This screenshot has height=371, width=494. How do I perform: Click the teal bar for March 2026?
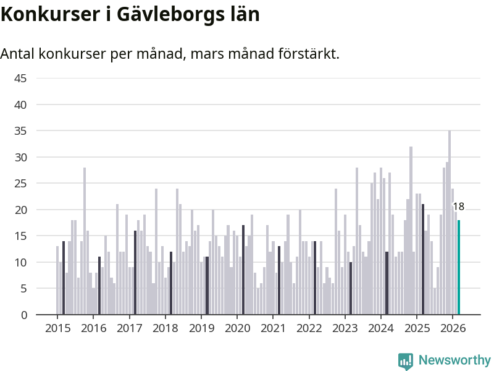[x=459, y=267]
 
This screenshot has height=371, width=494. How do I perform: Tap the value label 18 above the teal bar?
[x=458, y=207]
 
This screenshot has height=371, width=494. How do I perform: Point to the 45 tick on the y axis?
[x=20, y=79]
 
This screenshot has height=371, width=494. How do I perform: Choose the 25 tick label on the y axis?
[x=20, y=184]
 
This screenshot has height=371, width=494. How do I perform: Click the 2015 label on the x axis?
[x=57, y=328]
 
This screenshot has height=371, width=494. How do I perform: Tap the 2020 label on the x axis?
[x=237, y=328]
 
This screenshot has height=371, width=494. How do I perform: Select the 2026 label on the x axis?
[x=452, y=328]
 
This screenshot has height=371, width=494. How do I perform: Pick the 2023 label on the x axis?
[x=345, y=328]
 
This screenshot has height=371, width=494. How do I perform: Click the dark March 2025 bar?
[x=423, y=260]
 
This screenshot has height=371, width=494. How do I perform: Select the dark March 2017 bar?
[x=135, y=273]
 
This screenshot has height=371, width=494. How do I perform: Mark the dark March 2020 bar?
[x=243, y=270]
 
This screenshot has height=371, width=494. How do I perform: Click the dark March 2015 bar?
[x=64, y=278]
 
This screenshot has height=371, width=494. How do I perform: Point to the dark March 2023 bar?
[x=351, y=288]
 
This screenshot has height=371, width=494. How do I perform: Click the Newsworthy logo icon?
[x=406, y=360]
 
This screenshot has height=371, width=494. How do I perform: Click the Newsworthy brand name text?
[x=454, y=360]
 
